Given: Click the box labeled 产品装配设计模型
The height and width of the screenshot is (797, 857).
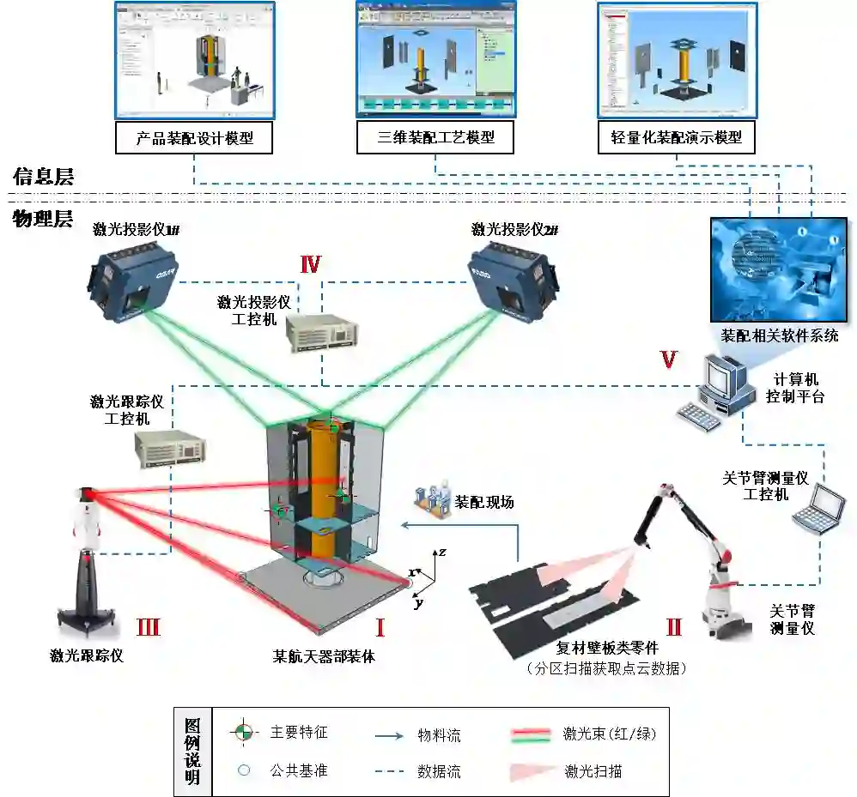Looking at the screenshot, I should pos(194,137).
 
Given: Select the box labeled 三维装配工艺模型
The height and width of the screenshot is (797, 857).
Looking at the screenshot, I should pos(436,137).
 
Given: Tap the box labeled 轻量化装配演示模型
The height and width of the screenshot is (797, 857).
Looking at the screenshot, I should pos(676,137).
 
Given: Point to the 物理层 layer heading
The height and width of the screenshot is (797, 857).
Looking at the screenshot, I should pos(43,219).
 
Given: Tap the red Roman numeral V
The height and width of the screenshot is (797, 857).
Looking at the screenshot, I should pos(669,360).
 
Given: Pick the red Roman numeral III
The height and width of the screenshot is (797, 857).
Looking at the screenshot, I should pos(148,627).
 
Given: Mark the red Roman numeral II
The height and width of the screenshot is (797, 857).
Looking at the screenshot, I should pos(673,627).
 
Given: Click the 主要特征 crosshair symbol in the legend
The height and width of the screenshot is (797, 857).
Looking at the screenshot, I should pos(244,734).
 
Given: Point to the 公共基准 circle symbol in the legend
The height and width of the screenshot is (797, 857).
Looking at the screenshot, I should pos(244,770).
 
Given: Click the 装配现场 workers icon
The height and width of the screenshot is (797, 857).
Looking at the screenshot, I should pos(432,502).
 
